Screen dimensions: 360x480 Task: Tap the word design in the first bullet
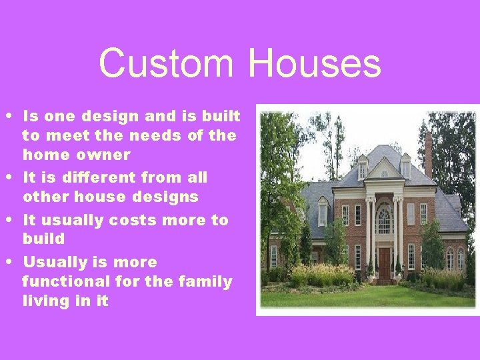tap(104, 116)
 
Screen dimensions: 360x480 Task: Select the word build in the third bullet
tap(43, 239)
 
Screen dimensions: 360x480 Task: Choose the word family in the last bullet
tap(205, 281)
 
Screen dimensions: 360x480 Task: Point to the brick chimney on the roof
tap(428, 155)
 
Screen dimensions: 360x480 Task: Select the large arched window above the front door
tap(384, 220)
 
